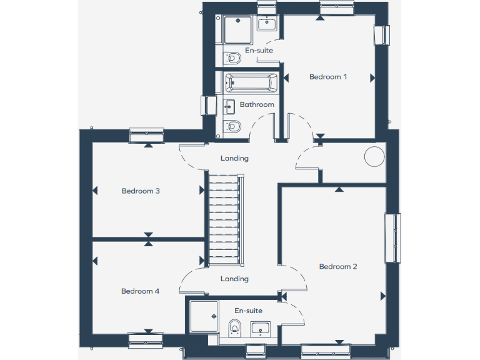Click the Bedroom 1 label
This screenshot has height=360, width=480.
(327, 77)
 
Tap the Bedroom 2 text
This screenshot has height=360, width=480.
(338, 266)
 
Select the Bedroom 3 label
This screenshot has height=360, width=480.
(141, 191)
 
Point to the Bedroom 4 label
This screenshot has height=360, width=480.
(141, 291)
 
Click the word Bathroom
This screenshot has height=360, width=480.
(257, 104)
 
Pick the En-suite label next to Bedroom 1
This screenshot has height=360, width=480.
(259, 50)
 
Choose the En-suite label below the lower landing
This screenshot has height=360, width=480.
(249, 311)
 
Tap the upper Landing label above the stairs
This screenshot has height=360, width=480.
(235, 158)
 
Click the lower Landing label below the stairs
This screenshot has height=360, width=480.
(235, 279)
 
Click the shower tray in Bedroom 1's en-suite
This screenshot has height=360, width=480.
(237, 29)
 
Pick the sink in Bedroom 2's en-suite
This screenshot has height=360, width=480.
(260, 328)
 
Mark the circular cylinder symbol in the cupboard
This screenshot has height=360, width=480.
(374, 156)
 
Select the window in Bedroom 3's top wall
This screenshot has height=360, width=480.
(146, 135)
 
